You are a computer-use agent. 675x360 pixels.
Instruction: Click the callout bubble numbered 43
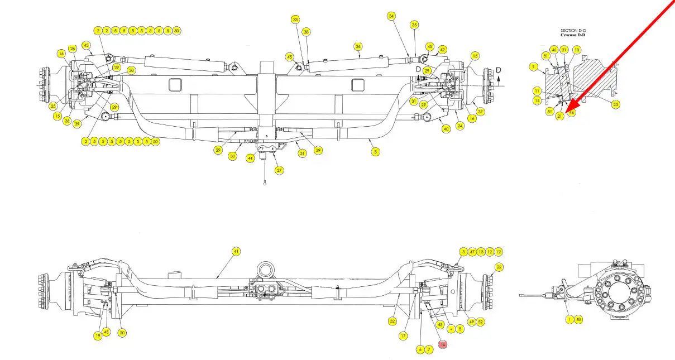[x=86, y=45]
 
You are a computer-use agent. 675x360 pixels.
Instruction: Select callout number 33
[x=295, y=20]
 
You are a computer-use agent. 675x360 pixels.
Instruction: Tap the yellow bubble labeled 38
[x=306, y=32]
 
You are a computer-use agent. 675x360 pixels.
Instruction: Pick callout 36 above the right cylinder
[x=358, y=46]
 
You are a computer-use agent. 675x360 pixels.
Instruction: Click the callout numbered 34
[x=391, y=16]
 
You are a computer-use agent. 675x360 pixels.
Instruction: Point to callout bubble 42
[x=442, y=50]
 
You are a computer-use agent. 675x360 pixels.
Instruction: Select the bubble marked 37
[x=481, y=112]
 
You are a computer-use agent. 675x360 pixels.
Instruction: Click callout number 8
[x=375, y=151]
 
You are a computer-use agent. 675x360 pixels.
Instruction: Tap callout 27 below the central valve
[x=279, y=170]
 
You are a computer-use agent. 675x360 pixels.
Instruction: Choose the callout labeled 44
[x=251, y=159]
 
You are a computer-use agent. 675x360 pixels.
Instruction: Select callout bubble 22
[x=499, y=267]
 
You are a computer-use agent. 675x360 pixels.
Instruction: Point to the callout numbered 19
[x=97, y=335]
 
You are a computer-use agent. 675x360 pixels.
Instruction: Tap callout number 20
[x=122, y=333]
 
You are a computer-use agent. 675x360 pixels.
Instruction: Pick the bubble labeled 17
[x=403, y=336]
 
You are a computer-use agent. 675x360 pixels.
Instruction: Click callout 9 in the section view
[x=534, y=67]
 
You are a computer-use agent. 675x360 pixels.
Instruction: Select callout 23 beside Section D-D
[x=616, y=104]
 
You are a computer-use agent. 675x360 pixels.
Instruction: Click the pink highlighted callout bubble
[x=443, y=345]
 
